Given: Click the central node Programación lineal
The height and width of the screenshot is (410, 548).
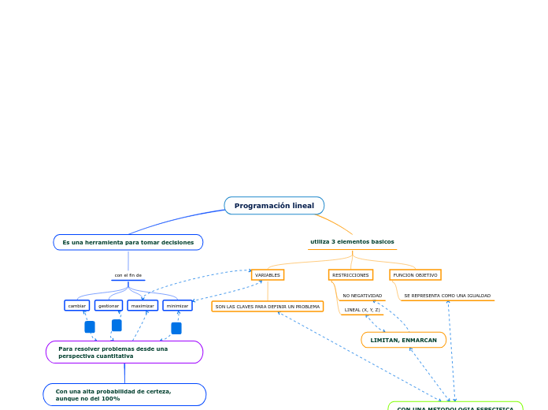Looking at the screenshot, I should pyautogui.click(x=274, y=206).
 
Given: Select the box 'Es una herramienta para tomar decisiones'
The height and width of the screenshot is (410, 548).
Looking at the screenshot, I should pyautogui.click(x=128, y=242).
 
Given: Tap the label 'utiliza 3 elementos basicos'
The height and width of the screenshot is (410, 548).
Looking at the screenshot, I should pyautogui.click(x=352, y=242).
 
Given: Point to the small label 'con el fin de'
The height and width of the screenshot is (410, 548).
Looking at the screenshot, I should pyautogui.click(x=128, y=275).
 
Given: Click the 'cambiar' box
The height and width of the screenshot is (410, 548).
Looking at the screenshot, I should pyautogui.click(x=77, y=305).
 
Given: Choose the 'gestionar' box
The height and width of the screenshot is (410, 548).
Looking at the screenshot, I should pyautogui.click(x=109, y=305).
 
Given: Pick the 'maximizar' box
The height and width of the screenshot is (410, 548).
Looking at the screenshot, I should pyautogui.click(x=143, y=305).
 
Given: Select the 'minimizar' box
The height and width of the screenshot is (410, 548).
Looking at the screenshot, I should pyautogui.click(x=177, y=305).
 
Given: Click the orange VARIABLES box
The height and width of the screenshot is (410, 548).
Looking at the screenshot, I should pyautogui.click(x=268, y=275).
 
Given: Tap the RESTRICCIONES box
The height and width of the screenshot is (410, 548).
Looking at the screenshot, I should pyautogui.click(x=350, y=275).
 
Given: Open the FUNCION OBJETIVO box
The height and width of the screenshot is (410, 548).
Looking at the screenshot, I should pyautogui.click(x=415, y=275).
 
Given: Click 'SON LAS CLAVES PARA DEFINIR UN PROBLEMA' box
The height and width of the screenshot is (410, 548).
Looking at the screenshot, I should pyautogui.click(x=268, y=306).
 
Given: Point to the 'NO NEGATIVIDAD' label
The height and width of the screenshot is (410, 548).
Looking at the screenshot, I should pyautogui.click(x=362, y=296).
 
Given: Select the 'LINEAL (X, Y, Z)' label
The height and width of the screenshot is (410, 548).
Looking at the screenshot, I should pyautogui.click(x=362, y=310).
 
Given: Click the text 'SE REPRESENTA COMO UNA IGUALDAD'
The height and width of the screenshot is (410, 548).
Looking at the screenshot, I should pyautogui.click(x=447, y=296).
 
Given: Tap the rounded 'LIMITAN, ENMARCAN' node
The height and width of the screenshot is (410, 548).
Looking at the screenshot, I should pyautogui.click(x=403, y=340).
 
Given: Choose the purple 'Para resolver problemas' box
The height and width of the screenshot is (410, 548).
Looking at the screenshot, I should pyautogui.click(x=124, y=352).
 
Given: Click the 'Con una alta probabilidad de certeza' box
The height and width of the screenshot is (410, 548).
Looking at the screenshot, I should pyautogui.click(x=124, y=394).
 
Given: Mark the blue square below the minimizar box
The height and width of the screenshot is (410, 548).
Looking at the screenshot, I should pyautogui.click(x=176, y=328).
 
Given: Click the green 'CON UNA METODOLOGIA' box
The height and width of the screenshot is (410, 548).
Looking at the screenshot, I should pyautogui.click(x=455, y=407).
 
